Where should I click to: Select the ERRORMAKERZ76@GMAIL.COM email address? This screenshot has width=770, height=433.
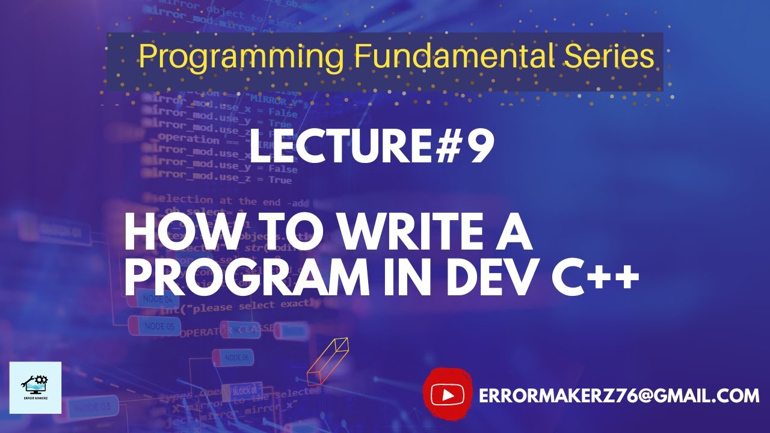point(619,396)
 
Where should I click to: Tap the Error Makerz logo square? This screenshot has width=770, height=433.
point(35,387)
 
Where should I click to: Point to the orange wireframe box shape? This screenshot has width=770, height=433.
point(328,361)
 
